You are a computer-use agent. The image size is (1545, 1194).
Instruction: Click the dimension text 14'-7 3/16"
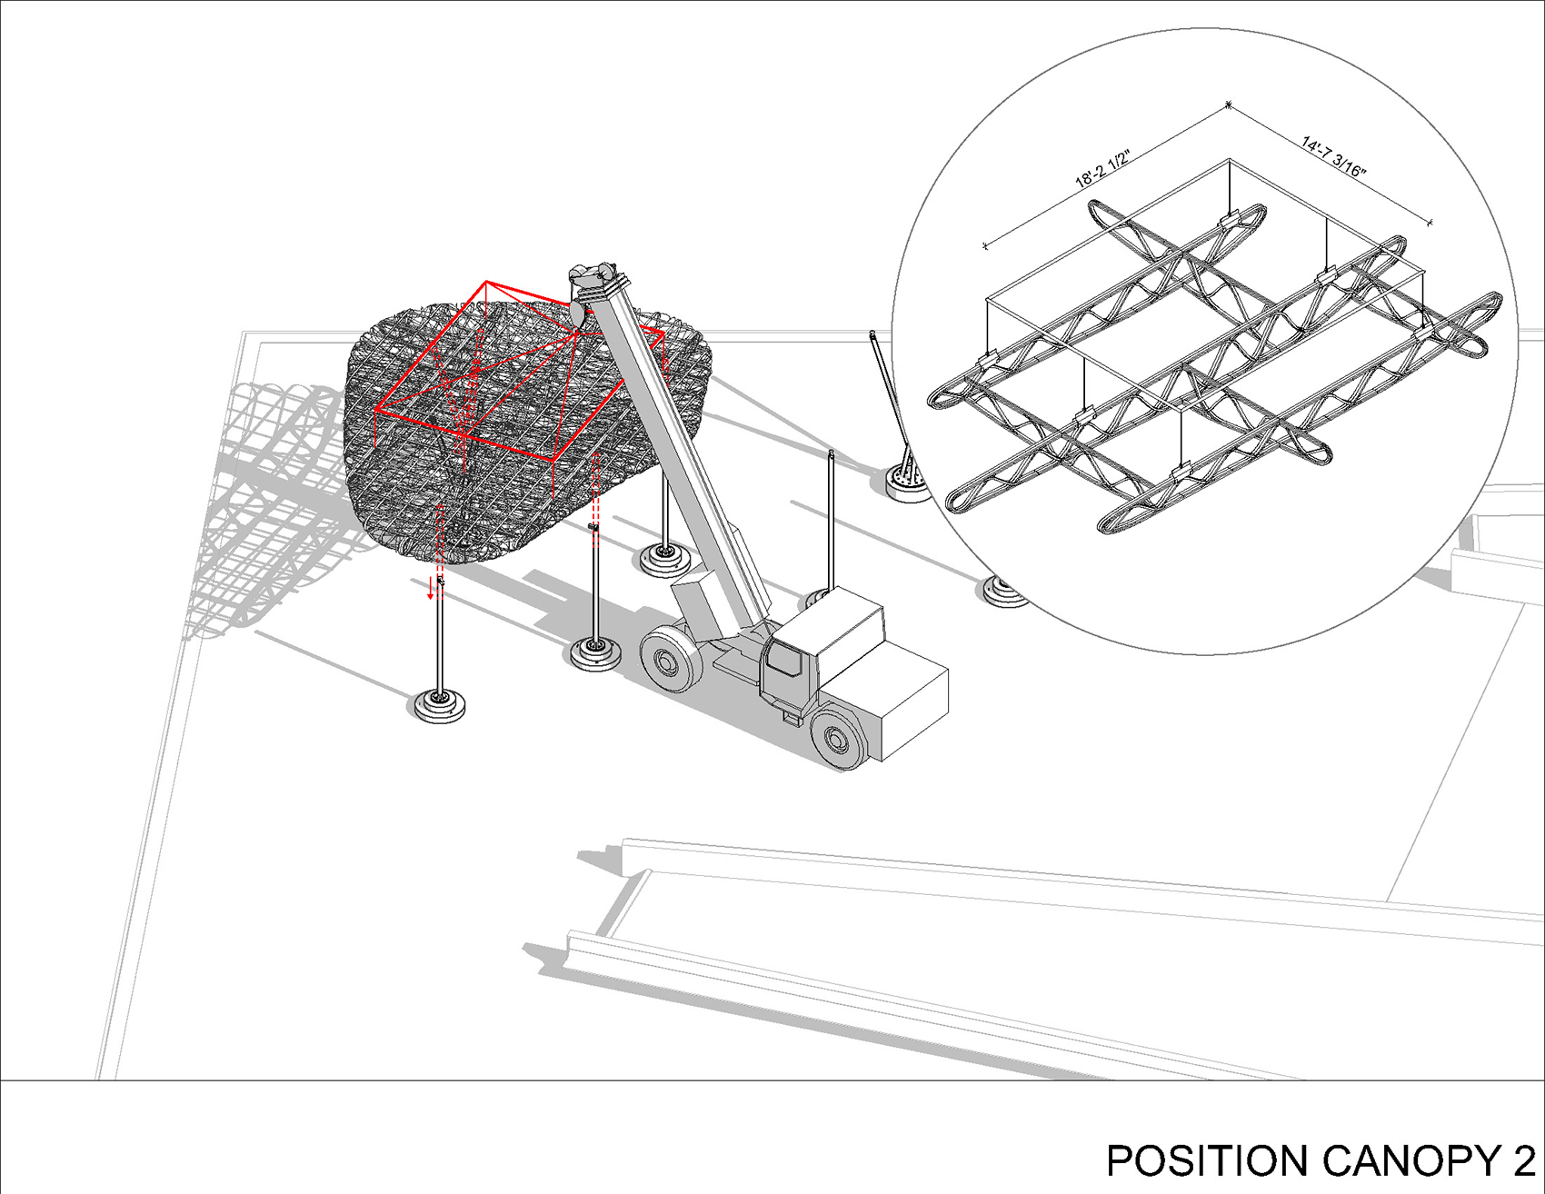click(x=1334, y=157)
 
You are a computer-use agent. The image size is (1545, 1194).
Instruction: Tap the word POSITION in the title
click(x=1209, y=1161)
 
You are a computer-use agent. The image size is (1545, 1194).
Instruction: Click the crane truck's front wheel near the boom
click(x=670, y=661)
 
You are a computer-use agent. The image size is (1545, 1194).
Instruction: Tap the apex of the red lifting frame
click(x=486, y=283)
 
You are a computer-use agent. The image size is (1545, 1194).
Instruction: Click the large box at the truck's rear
click(x=912, y=705)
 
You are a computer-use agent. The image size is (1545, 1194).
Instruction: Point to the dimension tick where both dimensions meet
click(x=1229, y=105)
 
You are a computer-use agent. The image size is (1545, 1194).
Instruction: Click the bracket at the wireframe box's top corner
click(x=1229, y=221)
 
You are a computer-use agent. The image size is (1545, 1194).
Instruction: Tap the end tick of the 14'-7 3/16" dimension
click(x=1430, y=222)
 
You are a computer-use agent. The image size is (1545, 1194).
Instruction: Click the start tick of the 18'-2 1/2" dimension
click(x=985, y=245)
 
